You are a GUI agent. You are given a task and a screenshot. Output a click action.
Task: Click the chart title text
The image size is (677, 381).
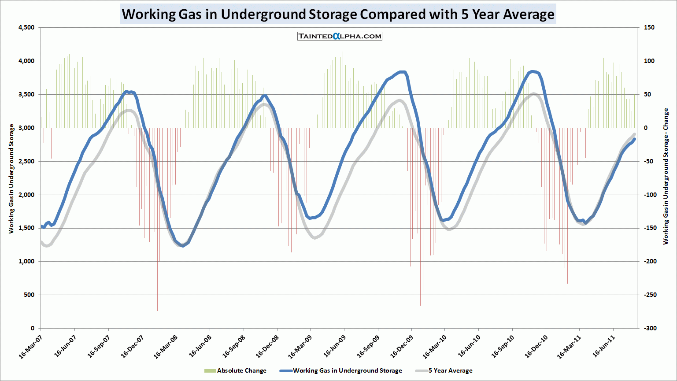(338, 14)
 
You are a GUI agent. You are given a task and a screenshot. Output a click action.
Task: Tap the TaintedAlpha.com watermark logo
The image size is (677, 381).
(340, 36)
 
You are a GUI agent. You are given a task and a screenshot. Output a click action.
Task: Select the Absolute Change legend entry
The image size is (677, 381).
(236, 370)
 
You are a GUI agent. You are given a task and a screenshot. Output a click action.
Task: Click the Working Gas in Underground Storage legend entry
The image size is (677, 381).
(341, 370)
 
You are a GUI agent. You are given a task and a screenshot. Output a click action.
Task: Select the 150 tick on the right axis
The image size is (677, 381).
(649, 28)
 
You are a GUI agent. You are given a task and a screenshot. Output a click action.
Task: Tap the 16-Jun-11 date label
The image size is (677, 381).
(604, 347)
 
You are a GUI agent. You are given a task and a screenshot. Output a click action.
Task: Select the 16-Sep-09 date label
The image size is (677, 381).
(368, 347)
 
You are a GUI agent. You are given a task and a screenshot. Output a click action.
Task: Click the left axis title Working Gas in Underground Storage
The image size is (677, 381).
(11, 178)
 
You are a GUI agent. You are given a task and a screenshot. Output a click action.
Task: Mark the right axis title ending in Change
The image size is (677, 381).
(666, 176)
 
